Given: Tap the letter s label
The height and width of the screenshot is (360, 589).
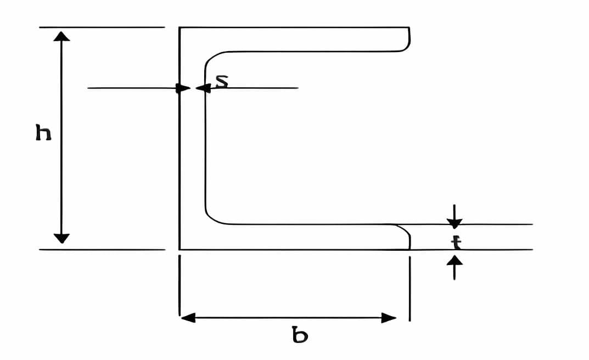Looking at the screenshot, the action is click(222, 81).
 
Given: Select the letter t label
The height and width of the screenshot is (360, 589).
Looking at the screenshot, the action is click(456, 243).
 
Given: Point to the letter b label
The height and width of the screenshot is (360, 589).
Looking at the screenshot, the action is click(300, 335).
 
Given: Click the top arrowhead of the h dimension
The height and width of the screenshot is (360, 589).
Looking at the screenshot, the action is click(61, 36).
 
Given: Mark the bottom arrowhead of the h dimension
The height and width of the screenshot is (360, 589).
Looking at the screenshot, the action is click(61, 238).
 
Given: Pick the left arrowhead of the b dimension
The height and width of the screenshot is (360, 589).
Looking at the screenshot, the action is click(188, 318).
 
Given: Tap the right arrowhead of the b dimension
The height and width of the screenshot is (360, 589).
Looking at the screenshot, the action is click(389, 318).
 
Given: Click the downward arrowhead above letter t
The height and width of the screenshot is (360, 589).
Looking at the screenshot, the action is click(455, 223).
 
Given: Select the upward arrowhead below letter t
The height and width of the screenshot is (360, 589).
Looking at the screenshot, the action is click(455, 260).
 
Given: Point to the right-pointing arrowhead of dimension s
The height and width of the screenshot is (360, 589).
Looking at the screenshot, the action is click(183, 88).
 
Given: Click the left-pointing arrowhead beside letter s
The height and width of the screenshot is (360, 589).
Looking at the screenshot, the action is click(203, 88).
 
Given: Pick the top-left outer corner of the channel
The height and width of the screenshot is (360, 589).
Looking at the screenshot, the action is click(179, 27).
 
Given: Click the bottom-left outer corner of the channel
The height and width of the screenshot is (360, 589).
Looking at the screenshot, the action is click(179, 249).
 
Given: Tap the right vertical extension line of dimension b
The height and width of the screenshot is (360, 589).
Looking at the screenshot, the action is click(410, 289).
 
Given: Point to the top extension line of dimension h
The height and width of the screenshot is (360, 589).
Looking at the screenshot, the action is click(102, 27).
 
